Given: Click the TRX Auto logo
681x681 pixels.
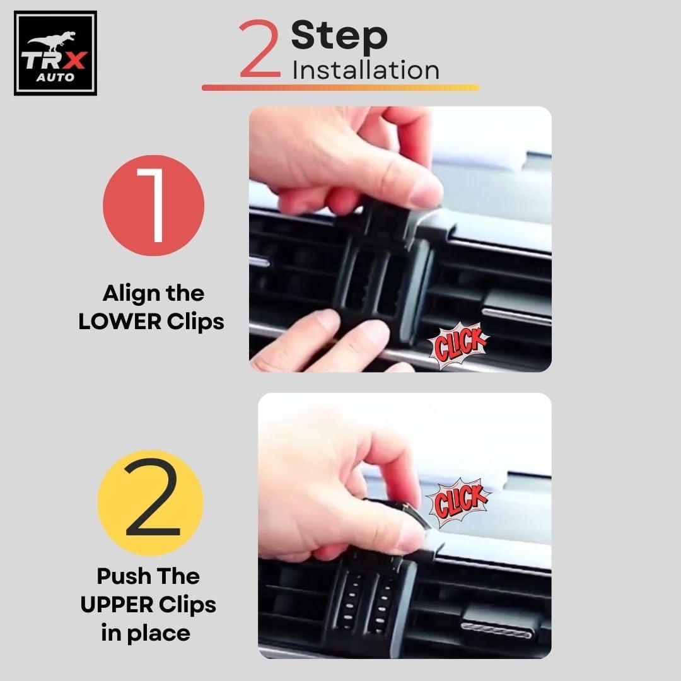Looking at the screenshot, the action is [55, 53].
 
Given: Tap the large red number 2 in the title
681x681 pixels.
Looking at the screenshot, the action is [260, 48].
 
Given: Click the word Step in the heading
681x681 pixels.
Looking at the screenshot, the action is [339, 35].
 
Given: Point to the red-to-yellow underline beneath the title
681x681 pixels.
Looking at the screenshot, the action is [340, 87].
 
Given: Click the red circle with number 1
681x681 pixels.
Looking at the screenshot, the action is [153, 205].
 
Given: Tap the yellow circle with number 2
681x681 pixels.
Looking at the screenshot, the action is [151, 503].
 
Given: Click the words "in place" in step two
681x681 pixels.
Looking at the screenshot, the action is [146, 633].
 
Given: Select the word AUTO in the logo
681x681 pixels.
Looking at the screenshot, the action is [55, 78].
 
